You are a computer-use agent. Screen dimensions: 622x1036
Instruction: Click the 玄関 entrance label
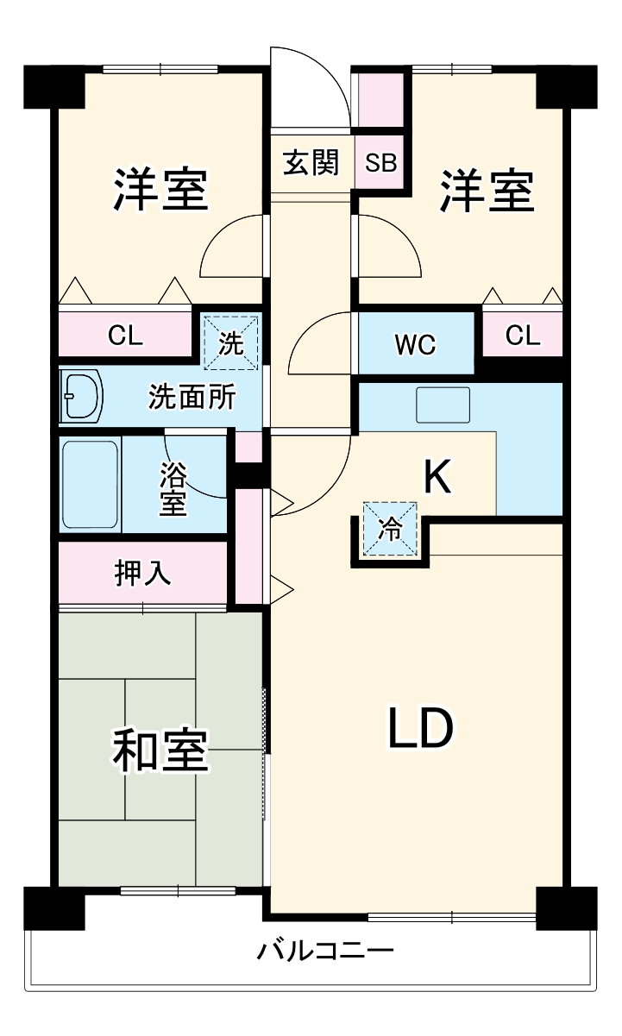[x=311, y=162]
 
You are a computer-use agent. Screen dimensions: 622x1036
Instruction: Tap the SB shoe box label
[x=380, y=162]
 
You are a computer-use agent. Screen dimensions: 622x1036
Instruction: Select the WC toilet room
[x=416, y=344]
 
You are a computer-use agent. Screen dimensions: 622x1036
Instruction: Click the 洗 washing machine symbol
[x=230, y=342]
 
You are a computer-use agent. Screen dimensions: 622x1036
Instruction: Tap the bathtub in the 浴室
[x=90, y=485]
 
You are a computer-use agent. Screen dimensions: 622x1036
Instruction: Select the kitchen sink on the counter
[x=443, y=405]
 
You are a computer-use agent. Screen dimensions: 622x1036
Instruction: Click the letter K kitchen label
[x=437, y=476]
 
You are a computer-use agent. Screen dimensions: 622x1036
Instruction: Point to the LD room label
[x=420, y=729]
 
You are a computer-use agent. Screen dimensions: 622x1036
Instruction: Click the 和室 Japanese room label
[x=160, y=750]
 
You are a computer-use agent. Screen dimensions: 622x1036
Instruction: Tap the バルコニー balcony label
[x=326, y=952]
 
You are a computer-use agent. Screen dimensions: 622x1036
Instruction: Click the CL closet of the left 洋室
[x=125, y=336]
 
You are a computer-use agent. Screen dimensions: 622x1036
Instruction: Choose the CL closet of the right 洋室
[x=522, y=335]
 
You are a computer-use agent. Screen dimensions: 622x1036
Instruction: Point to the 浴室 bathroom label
[x=173, y=489]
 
